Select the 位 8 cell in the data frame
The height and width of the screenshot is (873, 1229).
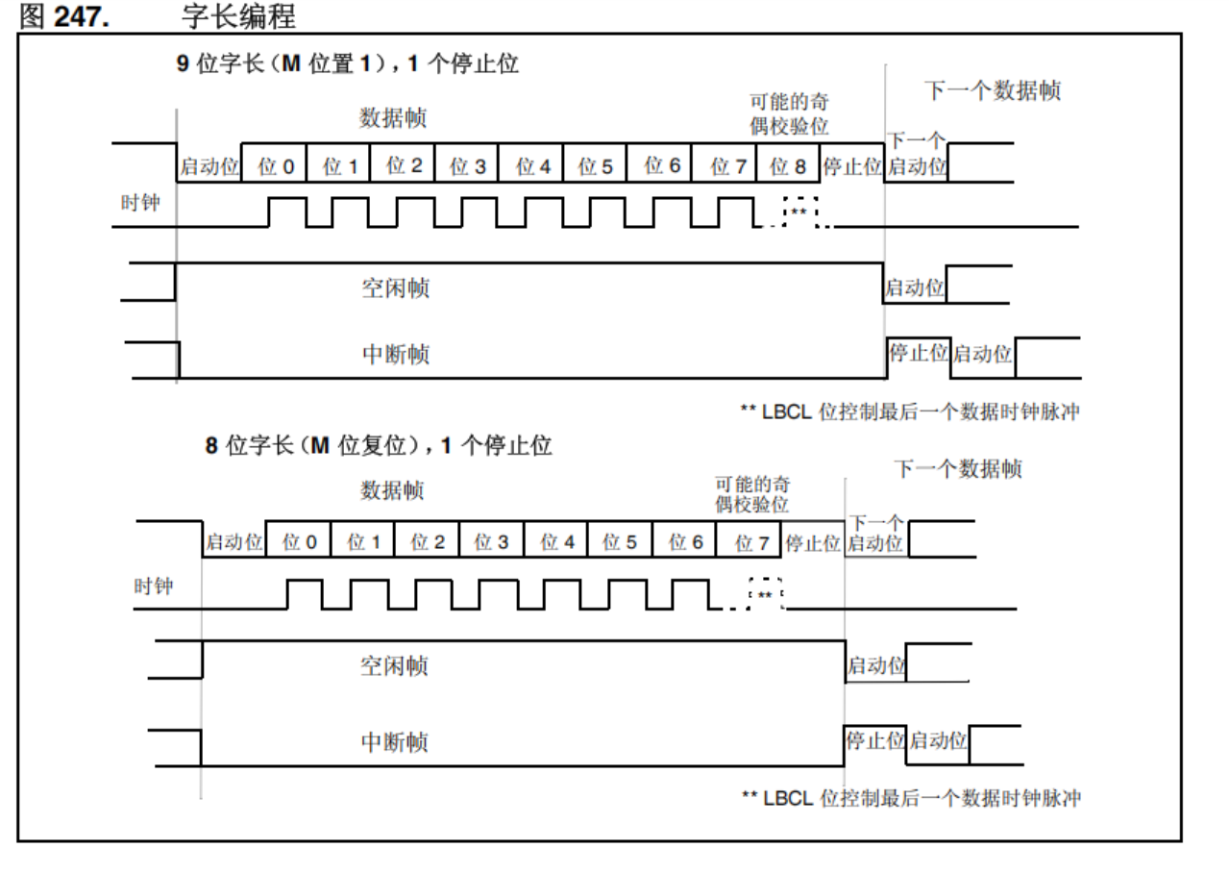tap(788, 166)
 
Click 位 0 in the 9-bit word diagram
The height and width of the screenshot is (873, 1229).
tap(276, 166)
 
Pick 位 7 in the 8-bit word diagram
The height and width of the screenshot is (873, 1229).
tap(751, 543)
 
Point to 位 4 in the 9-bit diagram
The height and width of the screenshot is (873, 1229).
tap(533, 166)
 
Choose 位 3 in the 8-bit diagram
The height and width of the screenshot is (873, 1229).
tap(491, 543)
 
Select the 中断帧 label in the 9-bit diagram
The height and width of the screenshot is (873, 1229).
tap(395, 355)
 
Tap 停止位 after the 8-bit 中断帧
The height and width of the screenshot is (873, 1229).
tap(874, 741)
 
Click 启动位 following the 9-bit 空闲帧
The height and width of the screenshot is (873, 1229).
tap(914, 287)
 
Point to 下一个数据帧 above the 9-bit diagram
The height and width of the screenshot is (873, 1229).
tap(993, 91)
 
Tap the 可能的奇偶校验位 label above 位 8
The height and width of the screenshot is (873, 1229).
tap(789, 113)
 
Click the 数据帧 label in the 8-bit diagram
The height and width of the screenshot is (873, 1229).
tap(392, 490)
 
